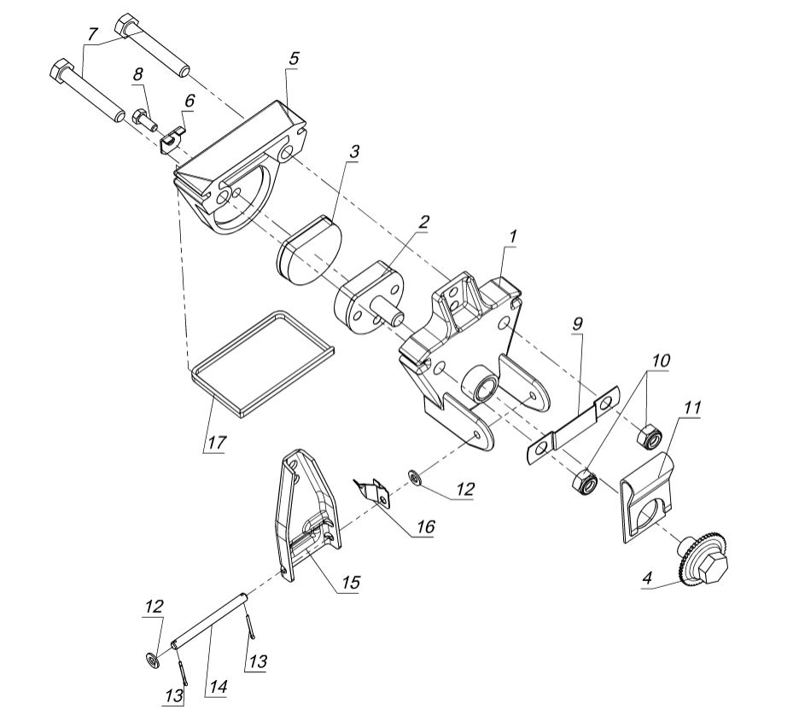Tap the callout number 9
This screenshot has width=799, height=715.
pos(579,324)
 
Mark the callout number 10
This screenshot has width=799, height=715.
pos(661,362)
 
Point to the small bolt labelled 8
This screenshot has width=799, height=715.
pos(144,116)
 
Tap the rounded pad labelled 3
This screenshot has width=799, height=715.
pos(309,249)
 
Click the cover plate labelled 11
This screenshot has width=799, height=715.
pos(645,499)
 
